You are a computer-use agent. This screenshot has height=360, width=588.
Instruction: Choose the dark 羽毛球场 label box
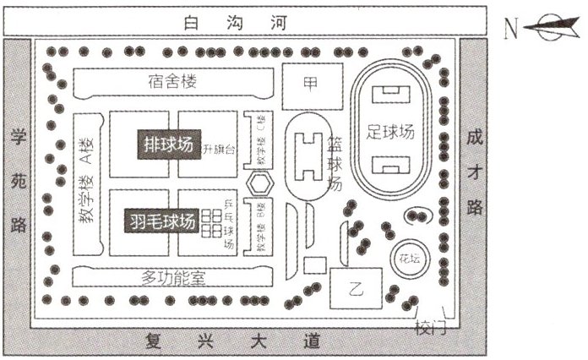tap(162, 222)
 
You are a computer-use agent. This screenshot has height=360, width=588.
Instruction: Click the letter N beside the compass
tap(511, 28)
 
